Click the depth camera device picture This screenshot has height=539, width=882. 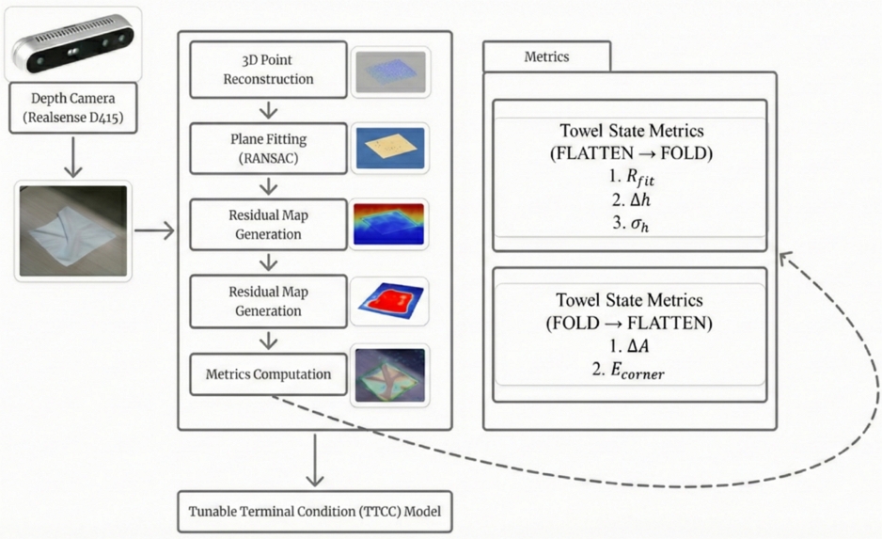72,45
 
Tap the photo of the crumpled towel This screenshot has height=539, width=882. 72,231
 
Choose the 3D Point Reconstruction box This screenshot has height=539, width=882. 268,70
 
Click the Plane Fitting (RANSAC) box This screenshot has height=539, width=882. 268,148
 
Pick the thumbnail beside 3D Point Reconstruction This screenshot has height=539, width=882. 390,71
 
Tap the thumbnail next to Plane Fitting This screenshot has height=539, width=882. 390,148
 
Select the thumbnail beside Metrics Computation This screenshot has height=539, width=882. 390,374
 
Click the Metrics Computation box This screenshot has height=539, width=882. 268,374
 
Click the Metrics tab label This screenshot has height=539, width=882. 546,56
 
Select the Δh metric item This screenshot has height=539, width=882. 630,198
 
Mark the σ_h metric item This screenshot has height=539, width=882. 630,222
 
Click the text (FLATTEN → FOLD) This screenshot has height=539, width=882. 630,152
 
